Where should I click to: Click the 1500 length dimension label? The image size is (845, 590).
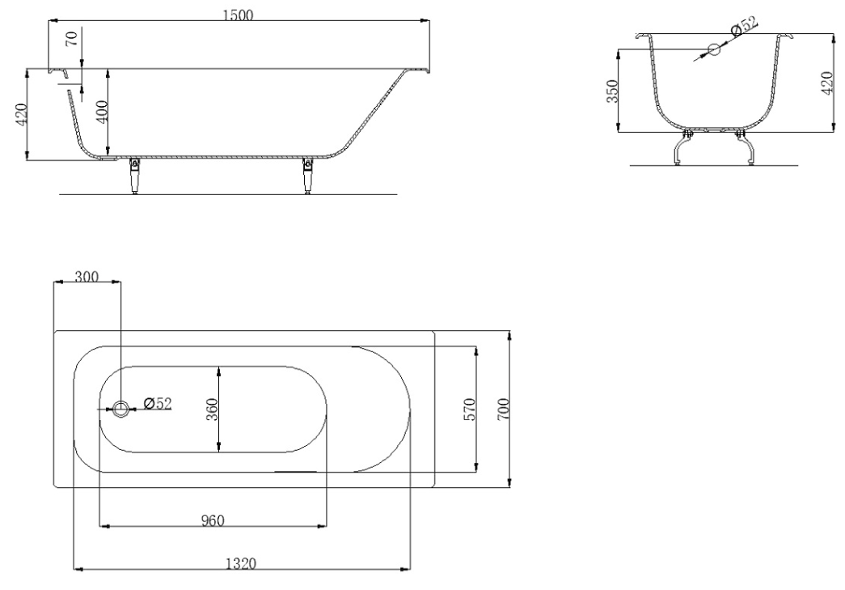point(238,15)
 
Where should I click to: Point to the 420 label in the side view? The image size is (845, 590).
point(21,114)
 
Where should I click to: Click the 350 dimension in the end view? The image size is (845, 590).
point(611,91)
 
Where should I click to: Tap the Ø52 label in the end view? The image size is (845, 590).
point(744,27)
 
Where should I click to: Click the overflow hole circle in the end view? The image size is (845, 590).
point(714,49)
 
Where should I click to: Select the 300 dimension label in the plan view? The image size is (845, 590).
point(87,277)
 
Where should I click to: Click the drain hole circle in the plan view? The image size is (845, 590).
point(120,409)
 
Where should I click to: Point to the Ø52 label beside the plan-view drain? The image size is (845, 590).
point(158,403)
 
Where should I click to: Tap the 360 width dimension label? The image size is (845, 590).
point(212,410)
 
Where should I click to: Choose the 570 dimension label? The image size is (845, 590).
point(469,410)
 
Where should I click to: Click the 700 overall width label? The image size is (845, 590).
point(502,410)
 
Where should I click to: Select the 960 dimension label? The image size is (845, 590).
point(213,520)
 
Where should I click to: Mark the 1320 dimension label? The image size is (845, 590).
point(240,563)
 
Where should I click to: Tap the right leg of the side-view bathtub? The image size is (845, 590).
point(308,176)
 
